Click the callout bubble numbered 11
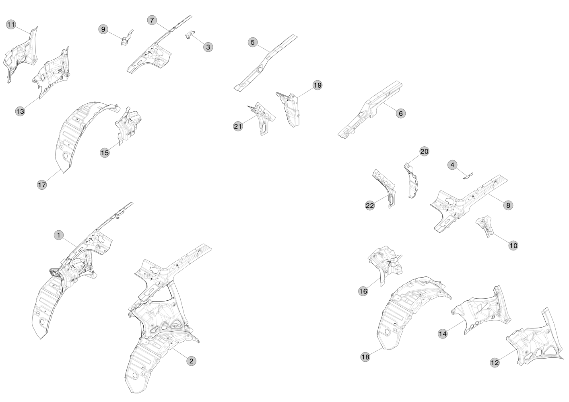coord(11,25)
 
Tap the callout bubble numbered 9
coord(103,29)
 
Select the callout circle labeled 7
coord(152,20)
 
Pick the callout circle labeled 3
coord(208,47)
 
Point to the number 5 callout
coord(252,42)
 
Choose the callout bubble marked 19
coord(317,85)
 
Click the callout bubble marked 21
coord(238,126)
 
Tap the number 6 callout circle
coord(400,113)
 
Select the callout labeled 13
coord(20,111)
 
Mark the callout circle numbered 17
coord(42,185)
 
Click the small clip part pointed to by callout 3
coord(190,35)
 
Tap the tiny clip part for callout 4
coord(468,176)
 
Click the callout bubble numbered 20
coord(424,152)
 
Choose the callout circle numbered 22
coord(369,205)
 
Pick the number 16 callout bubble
coord(363,291)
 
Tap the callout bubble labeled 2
coord(191,361)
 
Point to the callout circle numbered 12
coord(495,363)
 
